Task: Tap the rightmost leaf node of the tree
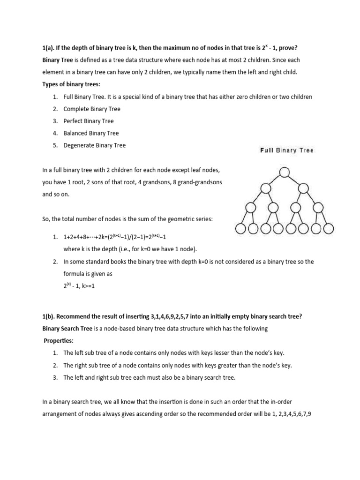coord(328,229)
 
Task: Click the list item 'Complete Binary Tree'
coord(92,109)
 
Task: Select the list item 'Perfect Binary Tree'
coord(89,121)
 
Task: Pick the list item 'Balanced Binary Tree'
coord(91,133)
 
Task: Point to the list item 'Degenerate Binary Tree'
coord(95,145)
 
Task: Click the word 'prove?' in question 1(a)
coord(288,47)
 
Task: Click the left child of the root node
coord(265,188)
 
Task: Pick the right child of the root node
coord(303,188)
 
